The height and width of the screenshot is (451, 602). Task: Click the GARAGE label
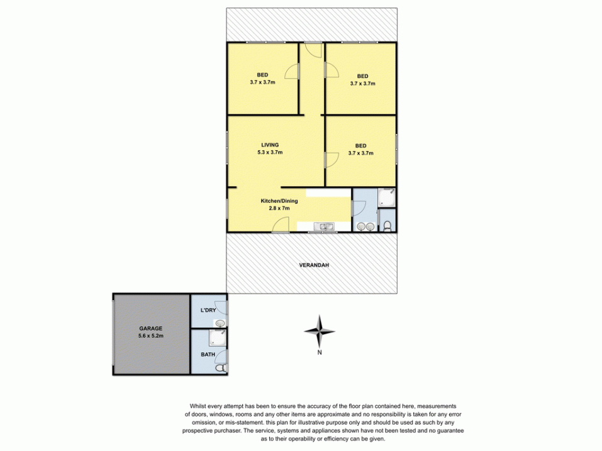151,328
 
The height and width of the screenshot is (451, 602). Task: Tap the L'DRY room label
208,310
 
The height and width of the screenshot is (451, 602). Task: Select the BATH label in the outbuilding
207,355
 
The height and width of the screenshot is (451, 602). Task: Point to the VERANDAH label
313,265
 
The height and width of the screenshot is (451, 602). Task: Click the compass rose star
320,331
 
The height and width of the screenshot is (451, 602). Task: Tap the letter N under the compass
320,352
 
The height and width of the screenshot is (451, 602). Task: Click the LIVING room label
270,145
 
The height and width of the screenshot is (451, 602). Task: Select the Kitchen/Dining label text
279,201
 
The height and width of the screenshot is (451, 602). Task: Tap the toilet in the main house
387,225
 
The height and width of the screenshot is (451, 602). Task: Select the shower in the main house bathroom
387,199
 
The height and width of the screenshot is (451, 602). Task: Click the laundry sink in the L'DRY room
219,323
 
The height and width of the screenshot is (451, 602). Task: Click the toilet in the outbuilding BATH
220,369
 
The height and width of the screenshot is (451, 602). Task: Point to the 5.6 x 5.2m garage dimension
151,336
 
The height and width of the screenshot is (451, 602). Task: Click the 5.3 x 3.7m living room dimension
270,152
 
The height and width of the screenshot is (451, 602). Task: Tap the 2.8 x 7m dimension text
279,209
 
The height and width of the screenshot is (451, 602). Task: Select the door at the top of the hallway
312,48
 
